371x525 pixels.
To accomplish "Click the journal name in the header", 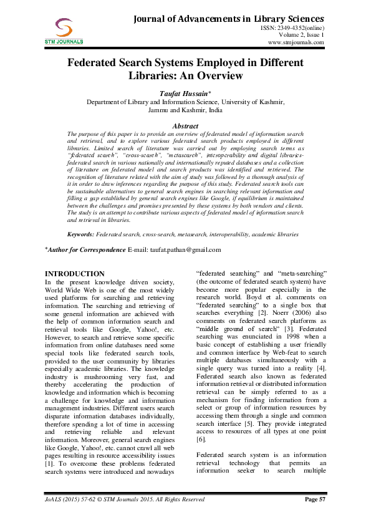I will (x=229, y=19).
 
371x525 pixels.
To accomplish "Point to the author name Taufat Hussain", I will (x=184, y=93).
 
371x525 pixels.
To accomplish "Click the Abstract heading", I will (x=185, y=126).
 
